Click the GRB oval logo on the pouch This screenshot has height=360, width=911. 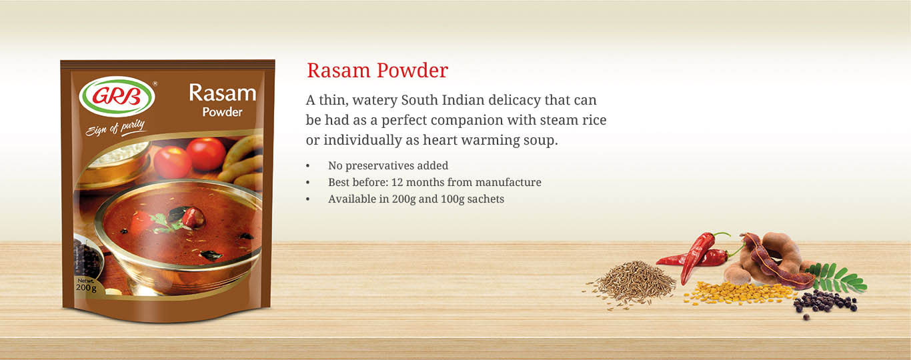coord(117,97)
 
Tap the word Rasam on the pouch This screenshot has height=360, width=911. coord(223,93)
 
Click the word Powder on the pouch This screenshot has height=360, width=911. coord(223,112)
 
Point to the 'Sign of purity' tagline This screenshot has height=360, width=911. coord(115,128)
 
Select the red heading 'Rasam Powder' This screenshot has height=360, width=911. coord(377,70)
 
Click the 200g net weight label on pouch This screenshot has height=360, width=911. coord(86,285)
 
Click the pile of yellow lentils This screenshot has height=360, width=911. coord(738,293)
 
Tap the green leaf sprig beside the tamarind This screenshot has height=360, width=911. coord(838,277)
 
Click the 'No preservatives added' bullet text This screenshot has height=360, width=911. coord(388,165)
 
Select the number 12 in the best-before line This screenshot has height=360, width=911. coord(397,182)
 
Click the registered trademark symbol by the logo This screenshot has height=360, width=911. coord(155,83)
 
